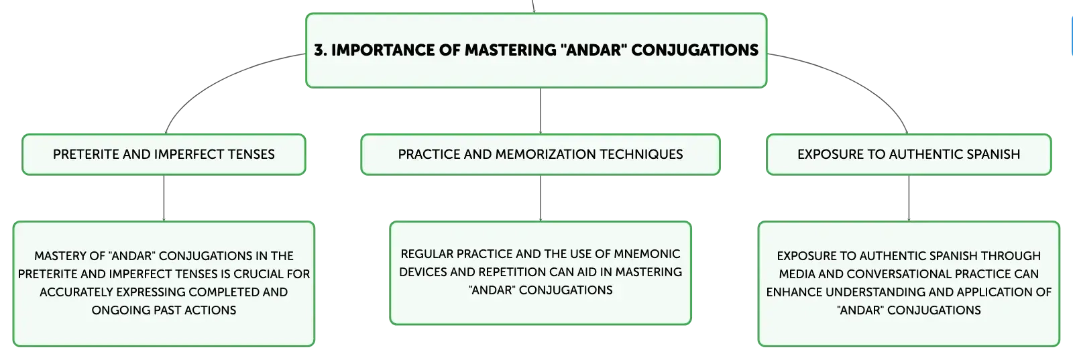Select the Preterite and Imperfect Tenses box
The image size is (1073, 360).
coord(164,155)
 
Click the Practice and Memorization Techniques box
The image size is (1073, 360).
coord(541,155)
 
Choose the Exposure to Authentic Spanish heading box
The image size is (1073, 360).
coord(909,155)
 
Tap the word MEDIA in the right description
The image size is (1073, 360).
coord(797,274)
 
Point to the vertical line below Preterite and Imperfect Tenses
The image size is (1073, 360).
coord(164,198)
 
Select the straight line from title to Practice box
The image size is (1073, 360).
coord(541,111)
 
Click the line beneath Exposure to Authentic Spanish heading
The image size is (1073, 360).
coord(909,198)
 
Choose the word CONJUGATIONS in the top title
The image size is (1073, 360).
coord(695,50)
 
